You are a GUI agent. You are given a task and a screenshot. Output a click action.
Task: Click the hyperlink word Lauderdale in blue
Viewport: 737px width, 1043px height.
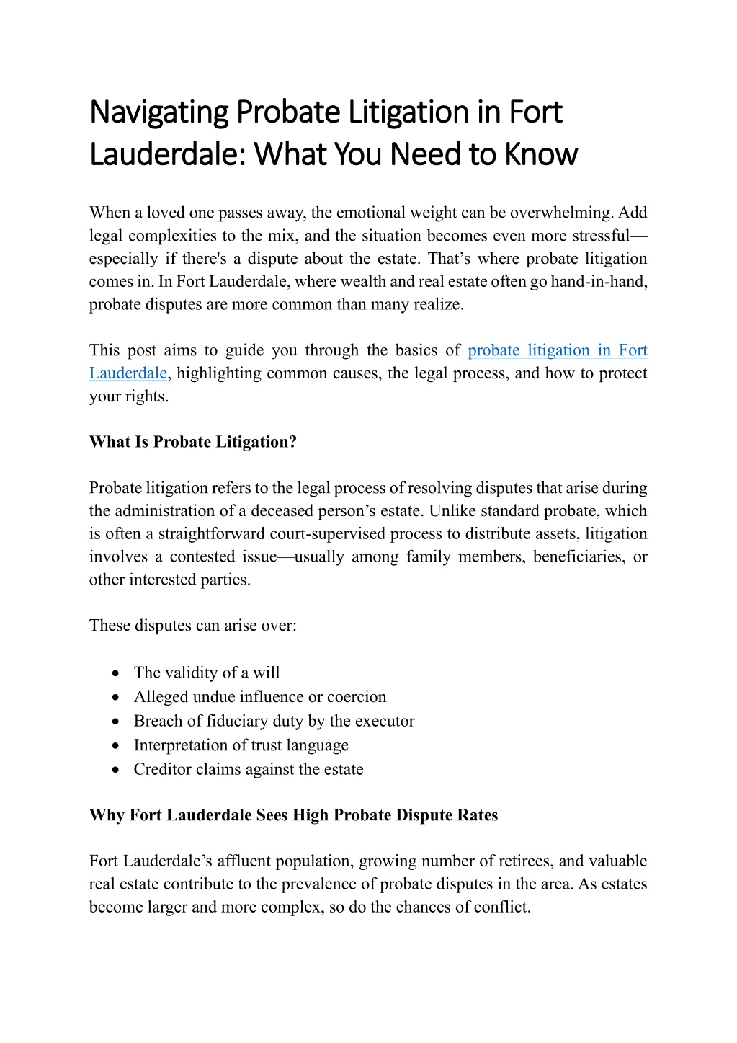(x=128, y=373)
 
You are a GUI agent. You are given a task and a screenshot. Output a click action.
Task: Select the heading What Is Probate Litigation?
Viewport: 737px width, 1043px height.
(x=193, y=442)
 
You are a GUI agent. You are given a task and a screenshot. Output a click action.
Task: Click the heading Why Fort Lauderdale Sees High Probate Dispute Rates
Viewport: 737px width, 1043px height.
(x=293, y=815)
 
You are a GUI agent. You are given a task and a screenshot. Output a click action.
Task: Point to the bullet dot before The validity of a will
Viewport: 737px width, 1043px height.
(x=116, y=673)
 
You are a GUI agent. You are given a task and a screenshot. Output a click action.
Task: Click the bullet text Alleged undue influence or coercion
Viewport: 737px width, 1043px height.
(x=259, y=697)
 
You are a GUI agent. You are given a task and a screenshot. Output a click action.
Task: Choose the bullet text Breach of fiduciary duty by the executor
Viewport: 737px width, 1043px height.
(x=274, y=721)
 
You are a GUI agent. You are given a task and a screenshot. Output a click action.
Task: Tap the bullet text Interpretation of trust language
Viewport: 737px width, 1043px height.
(x=241, y=745)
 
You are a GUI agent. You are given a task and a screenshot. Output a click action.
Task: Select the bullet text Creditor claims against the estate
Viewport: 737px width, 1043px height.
(x=248, y=769)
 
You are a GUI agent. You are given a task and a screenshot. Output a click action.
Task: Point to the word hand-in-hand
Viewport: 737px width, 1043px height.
(x=599, y=281)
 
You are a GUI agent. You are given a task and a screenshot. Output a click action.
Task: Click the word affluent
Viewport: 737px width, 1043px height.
(x=244, y=861)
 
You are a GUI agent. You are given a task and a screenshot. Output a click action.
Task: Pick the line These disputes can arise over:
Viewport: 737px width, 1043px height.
(x=192, y=626)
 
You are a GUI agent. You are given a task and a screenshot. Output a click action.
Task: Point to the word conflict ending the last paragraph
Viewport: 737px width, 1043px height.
(x=502, y=907)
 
